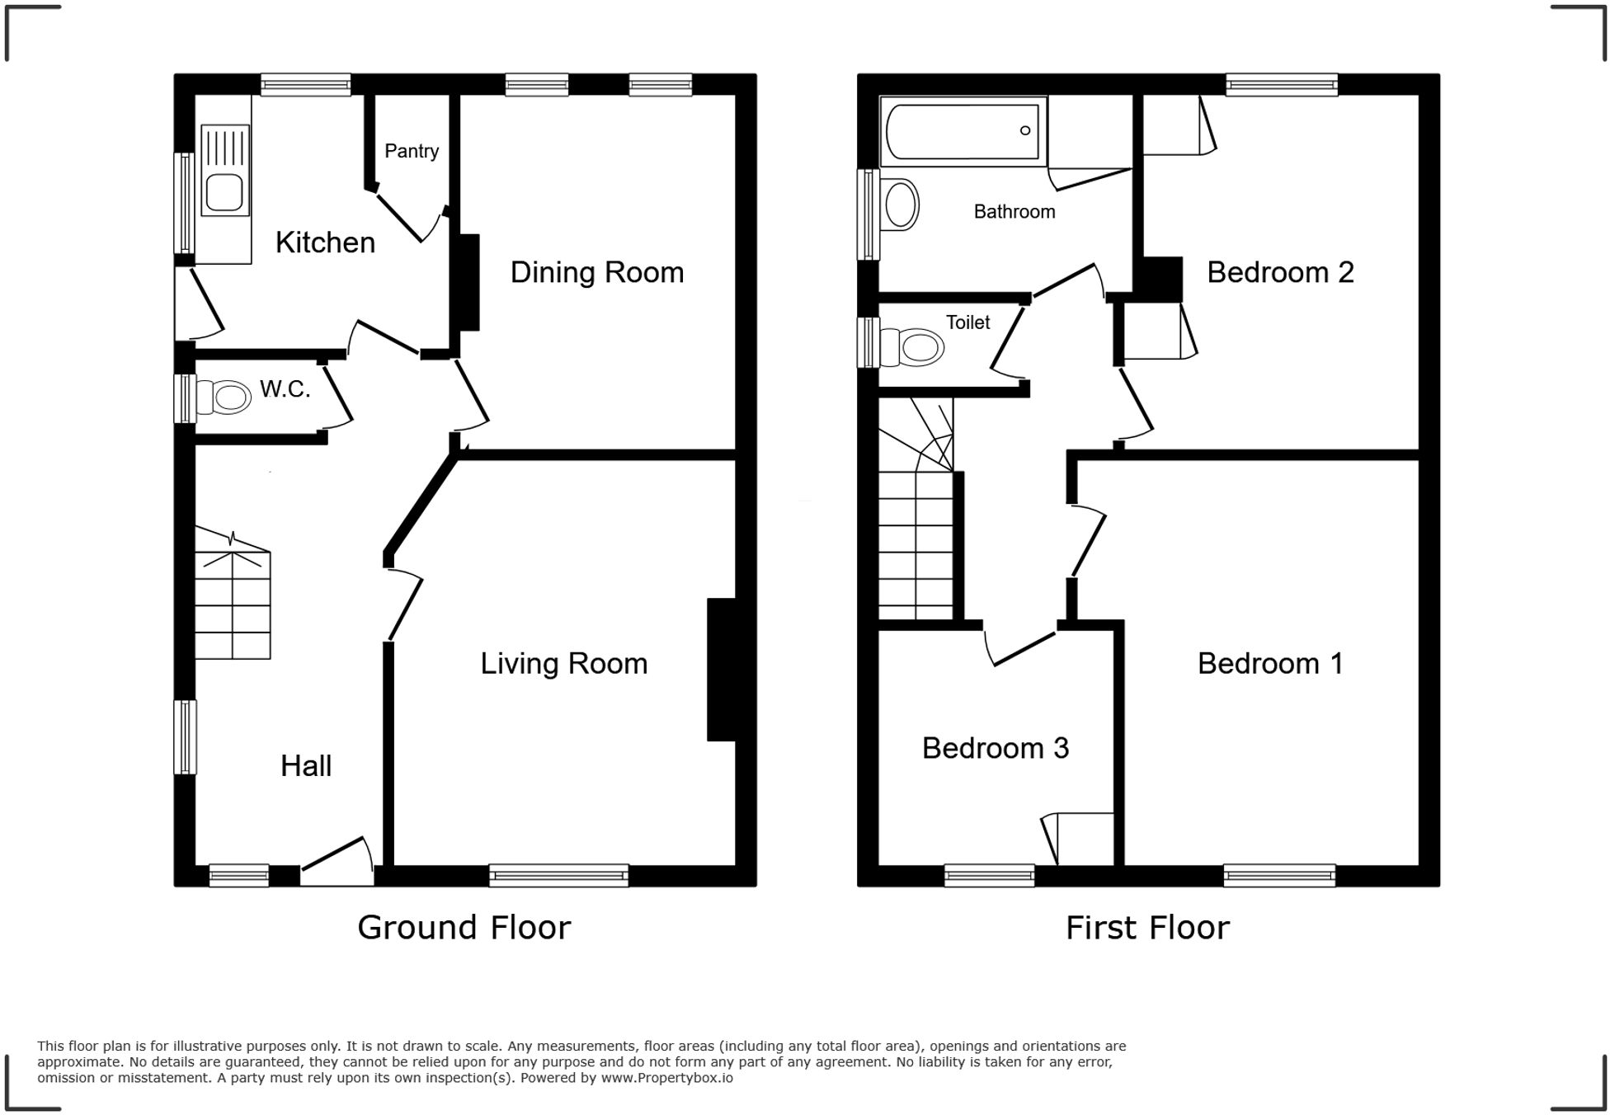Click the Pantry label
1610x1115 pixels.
[411, 151]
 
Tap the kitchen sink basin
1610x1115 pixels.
[224, 193]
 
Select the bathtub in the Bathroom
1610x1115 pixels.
[962, 131]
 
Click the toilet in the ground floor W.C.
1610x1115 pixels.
[225, 398]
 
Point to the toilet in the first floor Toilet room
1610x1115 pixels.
[913, 347]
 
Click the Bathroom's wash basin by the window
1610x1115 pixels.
[900, 205]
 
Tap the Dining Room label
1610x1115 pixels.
[596, 272]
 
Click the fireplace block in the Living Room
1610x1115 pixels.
[721, 669]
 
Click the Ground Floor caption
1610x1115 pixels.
[464, 928]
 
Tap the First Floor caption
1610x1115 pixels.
[1146, 928]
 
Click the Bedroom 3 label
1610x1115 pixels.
[995, 748]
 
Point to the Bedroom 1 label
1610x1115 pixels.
[1269, 663]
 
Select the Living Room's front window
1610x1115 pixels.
[558, 875]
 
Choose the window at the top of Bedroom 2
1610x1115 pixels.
[1281, 84]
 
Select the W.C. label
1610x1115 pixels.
[285, 389]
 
